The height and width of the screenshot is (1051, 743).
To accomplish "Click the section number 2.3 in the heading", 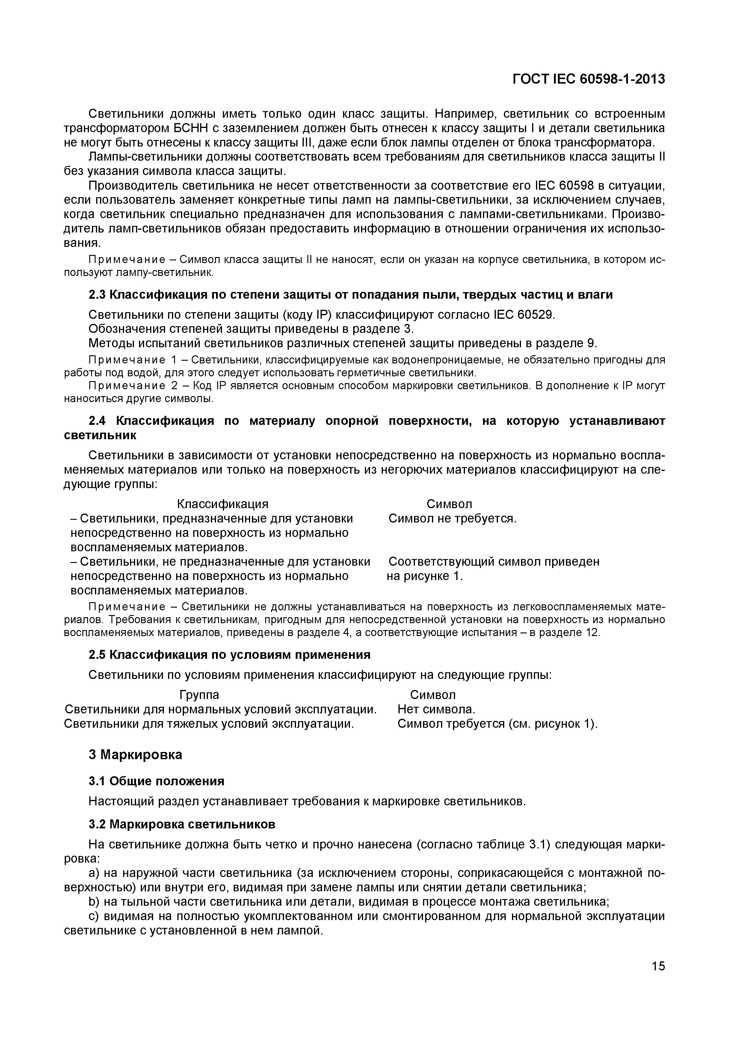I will point(97,295).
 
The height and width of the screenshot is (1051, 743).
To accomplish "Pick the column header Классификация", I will point(223,504).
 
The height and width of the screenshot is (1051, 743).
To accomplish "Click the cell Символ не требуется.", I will point(452,519).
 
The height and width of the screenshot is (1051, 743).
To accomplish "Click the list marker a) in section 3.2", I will point(94,873).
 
